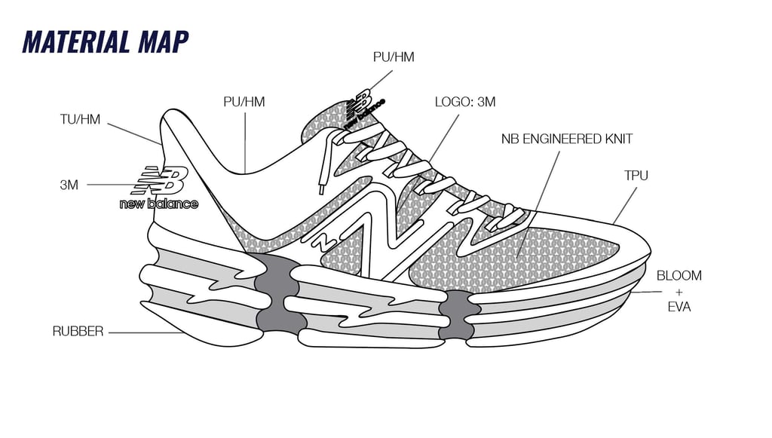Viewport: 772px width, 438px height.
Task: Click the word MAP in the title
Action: click(x=161, y=42)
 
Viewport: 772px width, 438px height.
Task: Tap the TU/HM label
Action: click(x=80, y=119)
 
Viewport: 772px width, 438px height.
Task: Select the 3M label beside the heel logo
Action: click(x=69, y=184)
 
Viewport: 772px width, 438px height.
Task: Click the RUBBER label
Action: click(x=78, y=331)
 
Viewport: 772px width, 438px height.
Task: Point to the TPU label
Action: click(x=636, y=176)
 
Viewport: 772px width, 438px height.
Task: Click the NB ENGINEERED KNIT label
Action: click(x=567, y=139)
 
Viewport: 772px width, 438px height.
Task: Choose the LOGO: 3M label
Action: click(x=465, y=102)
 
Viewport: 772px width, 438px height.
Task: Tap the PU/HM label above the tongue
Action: click(x=394, y=57)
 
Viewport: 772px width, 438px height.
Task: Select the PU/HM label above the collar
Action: click(x=244, y=102)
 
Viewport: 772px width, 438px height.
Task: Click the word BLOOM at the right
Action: click(x=679, y=276)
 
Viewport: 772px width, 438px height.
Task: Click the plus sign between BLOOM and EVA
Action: click(x=679, y=292)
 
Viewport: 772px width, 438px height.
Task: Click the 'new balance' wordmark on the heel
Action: click(x=159, y=204)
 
